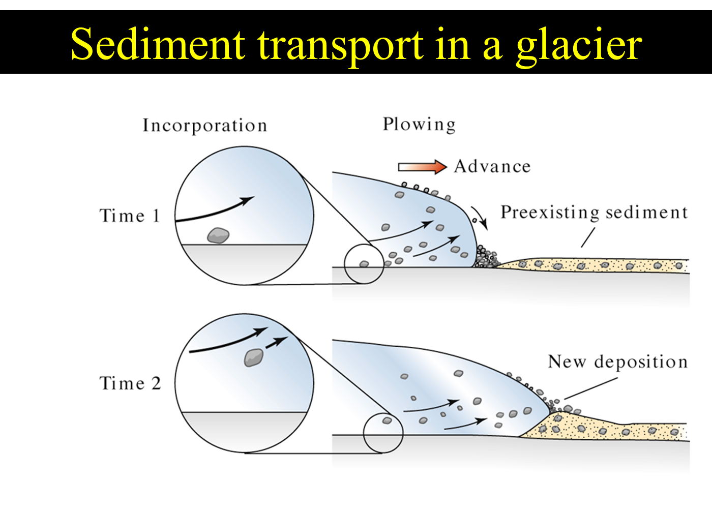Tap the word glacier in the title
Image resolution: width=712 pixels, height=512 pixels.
tap(579, 46)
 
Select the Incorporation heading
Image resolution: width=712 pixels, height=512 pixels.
tap(205, 126)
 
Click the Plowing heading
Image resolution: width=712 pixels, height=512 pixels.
tap(419, 124)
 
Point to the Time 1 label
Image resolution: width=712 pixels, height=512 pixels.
tap(129, 216)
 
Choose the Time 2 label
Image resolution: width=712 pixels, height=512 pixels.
tap(130, 383)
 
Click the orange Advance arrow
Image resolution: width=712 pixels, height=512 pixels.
tap(423, 167)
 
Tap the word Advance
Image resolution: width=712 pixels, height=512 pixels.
tap(492, 167)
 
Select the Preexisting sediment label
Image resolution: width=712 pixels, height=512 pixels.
tap(594, 213)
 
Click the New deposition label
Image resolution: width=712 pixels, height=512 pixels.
tap(617, 362)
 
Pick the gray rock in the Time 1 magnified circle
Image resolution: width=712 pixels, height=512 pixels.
tap(218, 235)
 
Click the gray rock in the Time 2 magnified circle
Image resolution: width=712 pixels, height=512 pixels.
tap(254, 357)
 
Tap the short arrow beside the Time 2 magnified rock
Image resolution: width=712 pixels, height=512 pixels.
tap(277, 342)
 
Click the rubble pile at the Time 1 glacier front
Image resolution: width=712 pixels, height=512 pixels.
tap(486, 257)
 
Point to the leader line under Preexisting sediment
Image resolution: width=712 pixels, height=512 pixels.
tap(588, 237)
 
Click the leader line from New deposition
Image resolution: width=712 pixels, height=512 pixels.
tap(591, 388)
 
